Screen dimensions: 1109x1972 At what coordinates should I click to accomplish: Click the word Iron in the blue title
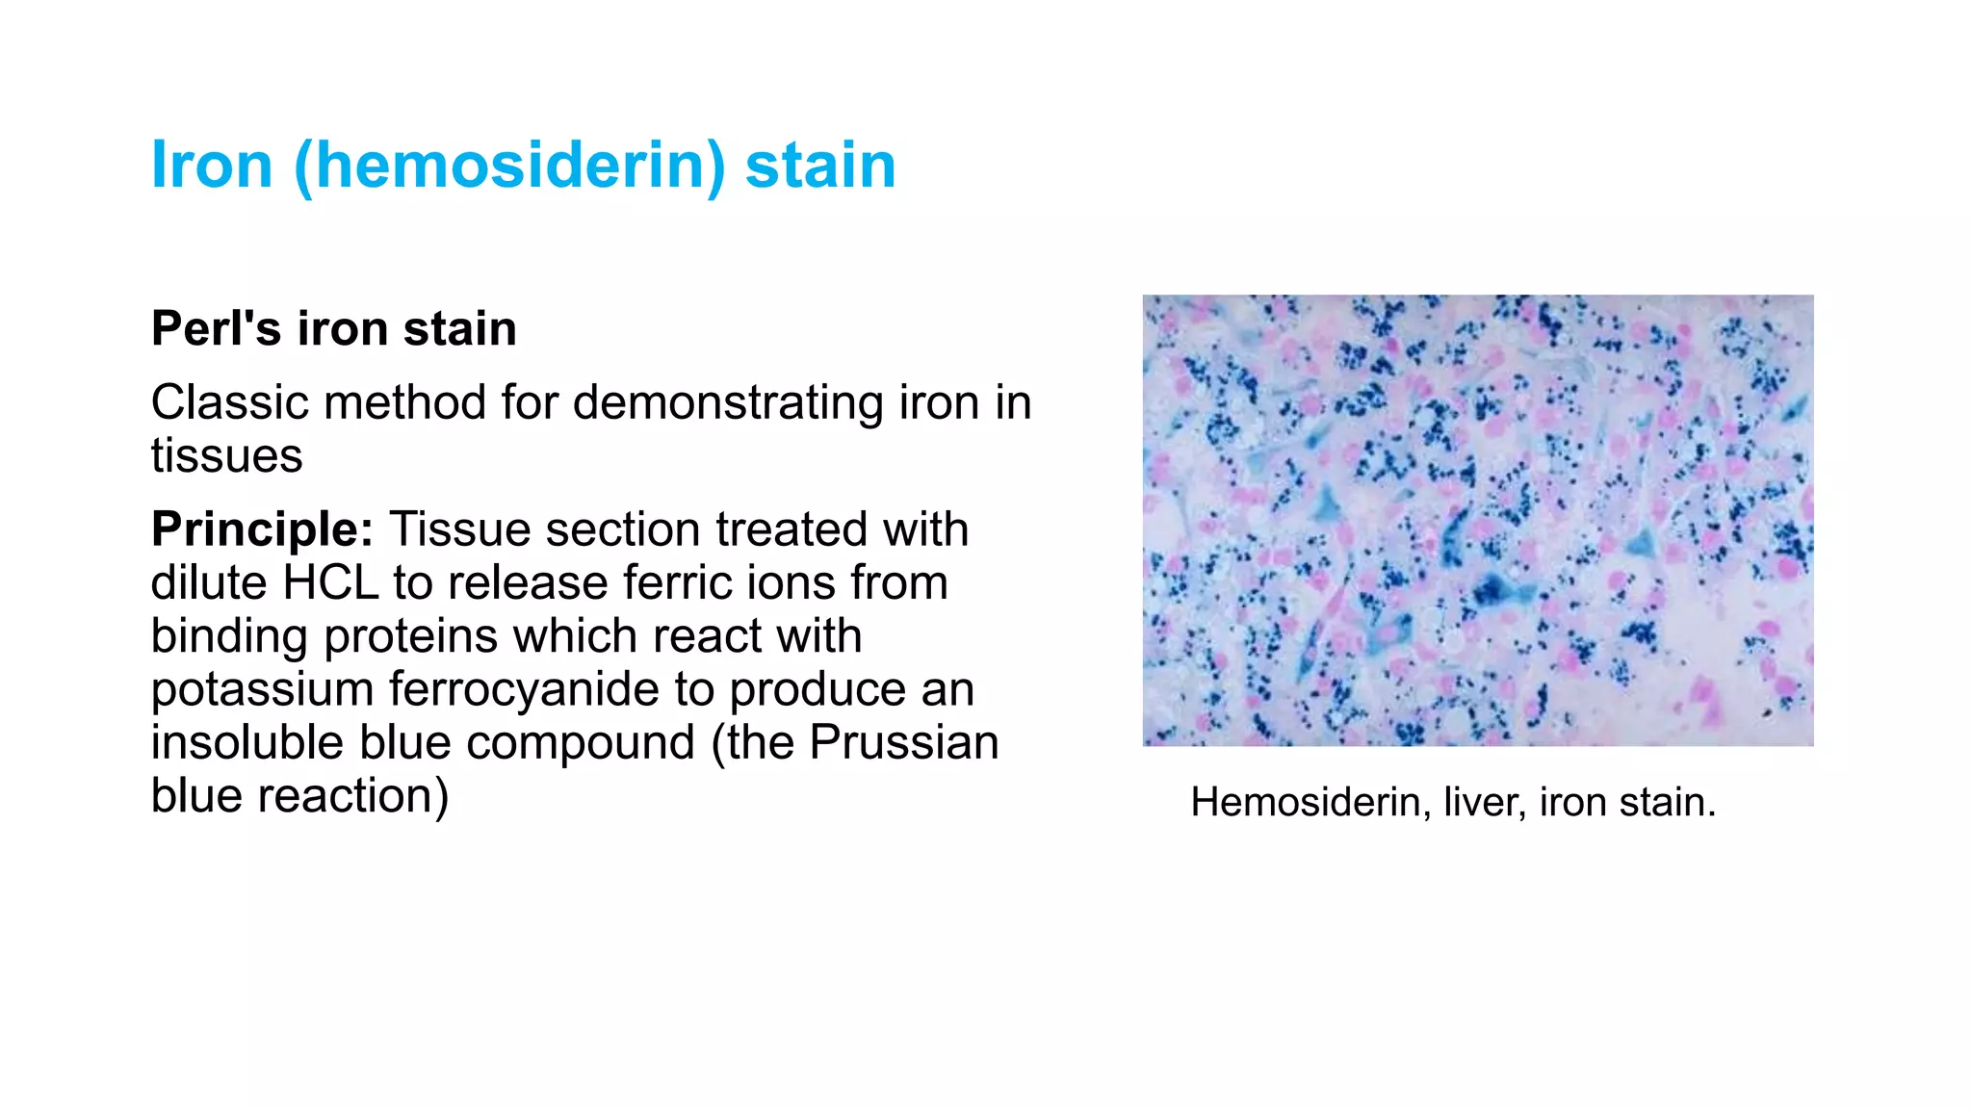tap(212, 165)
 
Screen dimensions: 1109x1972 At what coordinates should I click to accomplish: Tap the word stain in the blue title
tap(820, 165)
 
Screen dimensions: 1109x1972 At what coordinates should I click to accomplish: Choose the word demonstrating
tap(728, 402)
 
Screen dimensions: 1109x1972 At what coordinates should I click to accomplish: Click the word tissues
tap(226, 455)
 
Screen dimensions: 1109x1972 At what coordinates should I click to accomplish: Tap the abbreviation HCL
tap(329, 582)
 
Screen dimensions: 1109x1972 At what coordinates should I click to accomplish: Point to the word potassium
tap(261, 689)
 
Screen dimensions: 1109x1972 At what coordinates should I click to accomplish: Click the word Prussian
tap(903, 742)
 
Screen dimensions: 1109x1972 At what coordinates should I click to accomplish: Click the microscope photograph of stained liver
tap(1478, 520)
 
